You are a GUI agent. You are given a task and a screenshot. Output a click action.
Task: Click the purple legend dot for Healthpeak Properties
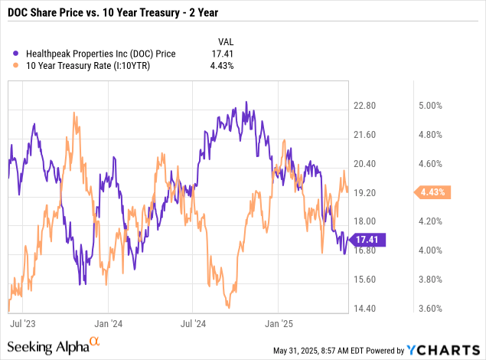(17, 53)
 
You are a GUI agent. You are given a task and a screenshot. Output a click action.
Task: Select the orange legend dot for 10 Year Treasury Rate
(17, 66)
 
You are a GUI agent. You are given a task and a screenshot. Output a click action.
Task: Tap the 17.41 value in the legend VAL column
(222, 53)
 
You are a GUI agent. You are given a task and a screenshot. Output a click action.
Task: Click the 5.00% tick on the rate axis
(429, 106)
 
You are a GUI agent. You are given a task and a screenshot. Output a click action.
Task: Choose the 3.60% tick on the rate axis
(429, 309)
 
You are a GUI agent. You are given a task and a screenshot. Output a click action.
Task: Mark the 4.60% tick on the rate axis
(429, 164)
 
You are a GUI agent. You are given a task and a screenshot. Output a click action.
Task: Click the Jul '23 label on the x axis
(21, 324)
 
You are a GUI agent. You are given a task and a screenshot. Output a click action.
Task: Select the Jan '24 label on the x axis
(108, 324)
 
